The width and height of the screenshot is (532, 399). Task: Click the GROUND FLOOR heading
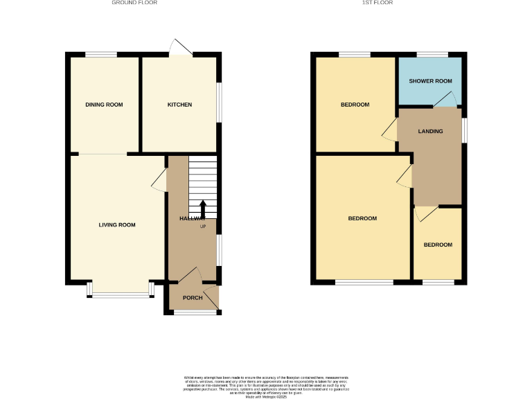[x=135, y=3]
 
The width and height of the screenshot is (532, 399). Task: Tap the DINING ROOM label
[x=104, y=105]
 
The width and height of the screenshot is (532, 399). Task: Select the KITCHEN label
[x=179, y=105]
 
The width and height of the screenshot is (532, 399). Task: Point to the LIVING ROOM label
[x=116, y=224]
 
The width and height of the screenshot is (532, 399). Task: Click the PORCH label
[x=193, y=298]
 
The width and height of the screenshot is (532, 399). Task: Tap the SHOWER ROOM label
[x=430, y=81]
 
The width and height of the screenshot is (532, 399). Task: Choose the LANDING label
[x=430, y=131]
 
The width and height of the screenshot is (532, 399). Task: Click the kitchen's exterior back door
[x=181, y=47]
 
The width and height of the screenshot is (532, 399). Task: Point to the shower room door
[x=445, y=100]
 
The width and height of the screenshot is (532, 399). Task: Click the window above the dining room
[x=101, y=54]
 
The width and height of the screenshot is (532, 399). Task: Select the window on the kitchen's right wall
[x=220, y=103]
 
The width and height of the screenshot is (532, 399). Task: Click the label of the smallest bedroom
[x=438, y=245]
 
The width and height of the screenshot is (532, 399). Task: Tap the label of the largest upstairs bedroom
[x=362, y=218]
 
